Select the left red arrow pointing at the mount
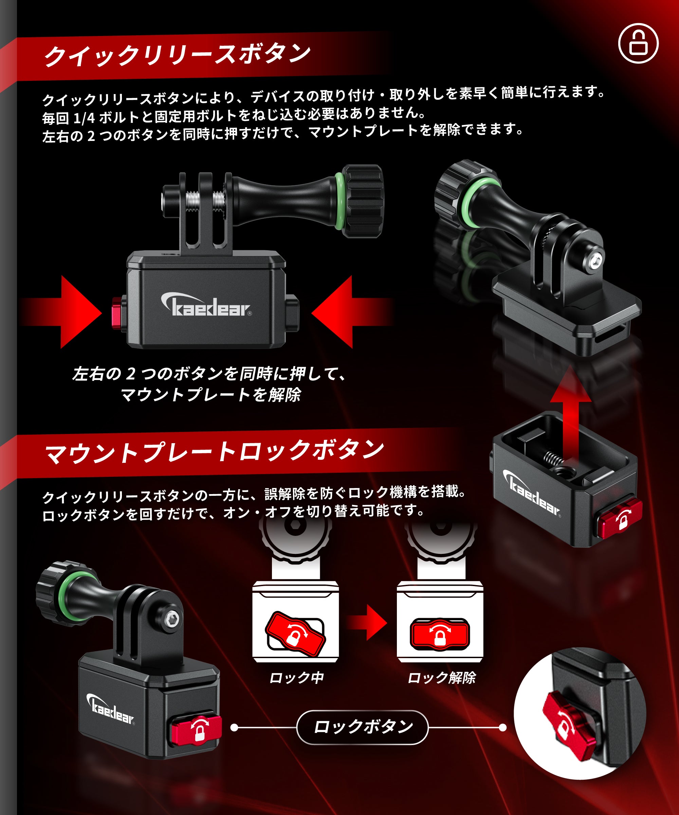[x=61, y=312]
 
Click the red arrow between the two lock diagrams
[x=367, y=622]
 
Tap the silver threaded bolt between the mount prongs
[x=206, y=201]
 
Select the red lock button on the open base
[x=619, y=519]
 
